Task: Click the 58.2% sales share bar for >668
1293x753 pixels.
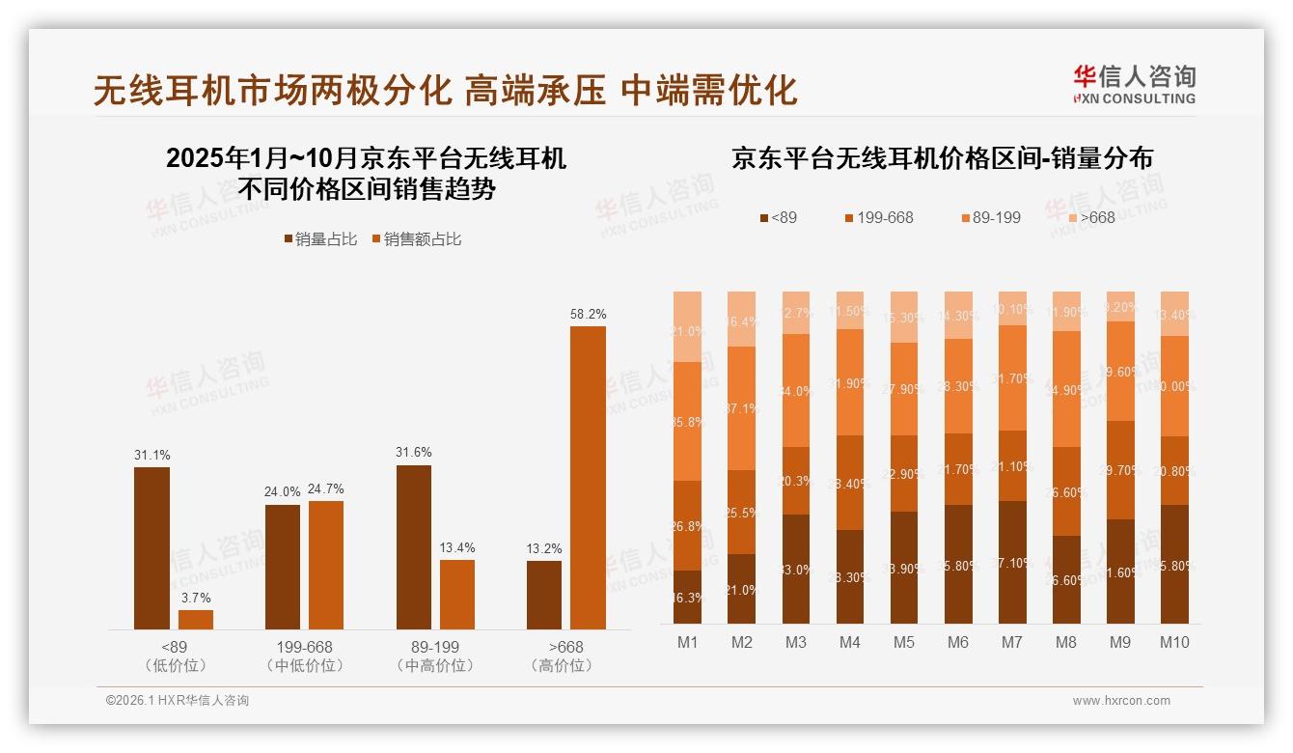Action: click(x=588, y=478)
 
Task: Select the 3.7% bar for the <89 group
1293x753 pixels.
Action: click(x=196, y=620)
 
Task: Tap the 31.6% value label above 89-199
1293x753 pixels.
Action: click(x=413, y=452)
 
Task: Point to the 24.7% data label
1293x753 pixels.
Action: click(x=325, y=488)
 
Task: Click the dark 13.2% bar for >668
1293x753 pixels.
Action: click(x=544, y=595)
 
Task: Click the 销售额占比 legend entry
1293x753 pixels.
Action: click(x=416, y=239)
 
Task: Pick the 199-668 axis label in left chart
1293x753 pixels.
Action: click(x=304, y=647)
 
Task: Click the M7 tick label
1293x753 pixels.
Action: click(x=1012, y=642)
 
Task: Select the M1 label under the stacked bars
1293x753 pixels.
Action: click(x=687, y=642)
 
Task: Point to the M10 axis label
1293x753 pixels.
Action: click(x=1173, y=642)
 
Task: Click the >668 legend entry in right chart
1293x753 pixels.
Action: click(x=1089, y=218)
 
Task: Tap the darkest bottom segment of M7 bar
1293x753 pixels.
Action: click(x=1012, y=562)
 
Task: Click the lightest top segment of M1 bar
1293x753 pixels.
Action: click(x=687, y=326)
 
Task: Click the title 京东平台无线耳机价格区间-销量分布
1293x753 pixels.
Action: click(x=942, y=158)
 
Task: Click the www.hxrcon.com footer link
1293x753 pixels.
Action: click(x=1120, y=701)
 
